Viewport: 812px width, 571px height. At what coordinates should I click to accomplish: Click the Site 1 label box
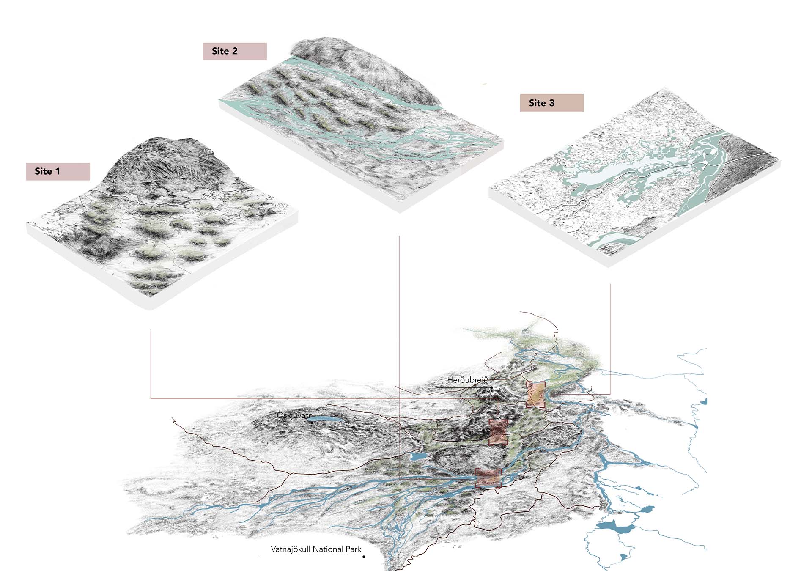point(58,171)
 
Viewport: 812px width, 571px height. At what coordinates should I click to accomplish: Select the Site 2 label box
point(235,51)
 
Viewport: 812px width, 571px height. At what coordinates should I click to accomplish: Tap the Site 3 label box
point(551,103)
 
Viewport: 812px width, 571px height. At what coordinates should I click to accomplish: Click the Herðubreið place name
point(467,380)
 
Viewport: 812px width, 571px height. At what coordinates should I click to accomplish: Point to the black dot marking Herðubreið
point(491,387)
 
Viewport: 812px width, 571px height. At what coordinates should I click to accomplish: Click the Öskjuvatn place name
point(294,415)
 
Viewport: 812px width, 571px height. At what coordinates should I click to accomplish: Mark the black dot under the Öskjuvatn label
point(312,422)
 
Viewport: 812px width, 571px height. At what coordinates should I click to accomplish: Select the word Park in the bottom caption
point(353,549)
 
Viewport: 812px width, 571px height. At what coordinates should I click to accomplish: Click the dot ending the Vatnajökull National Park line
point(364,557)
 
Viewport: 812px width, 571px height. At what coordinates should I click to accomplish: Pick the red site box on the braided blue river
point(488,478)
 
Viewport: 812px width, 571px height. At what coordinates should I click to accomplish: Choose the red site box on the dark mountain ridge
point(498,432)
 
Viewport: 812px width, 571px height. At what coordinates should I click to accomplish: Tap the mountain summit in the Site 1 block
point(178,142)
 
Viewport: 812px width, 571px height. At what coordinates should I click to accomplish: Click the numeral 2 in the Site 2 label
point(235,51)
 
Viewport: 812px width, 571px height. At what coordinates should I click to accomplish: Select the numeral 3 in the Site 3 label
point(551,103)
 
